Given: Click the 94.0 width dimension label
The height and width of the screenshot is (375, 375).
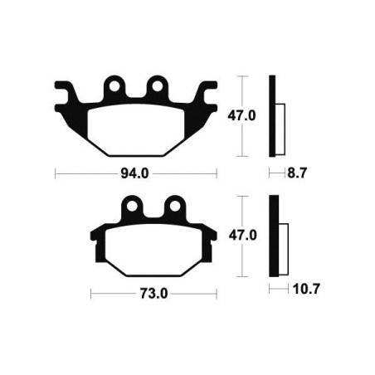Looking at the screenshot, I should [x=134, y=173].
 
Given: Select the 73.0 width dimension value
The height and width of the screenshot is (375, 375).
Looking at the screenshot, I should [x=154, y=293].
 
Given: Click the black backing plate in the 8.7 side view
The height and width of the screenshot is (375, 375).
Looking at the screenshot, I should [x=271, y=116].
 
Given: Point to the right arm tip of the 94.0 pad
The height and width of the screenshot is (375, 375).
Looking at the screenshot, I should [x=211, y=86].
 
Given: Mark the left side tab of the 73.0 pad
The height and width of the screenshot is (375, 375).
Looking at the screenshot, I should [x=95, y=236].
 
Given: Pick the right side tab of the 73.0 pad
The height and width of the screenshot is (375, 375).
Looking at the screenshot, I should [x=212, y=236].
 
